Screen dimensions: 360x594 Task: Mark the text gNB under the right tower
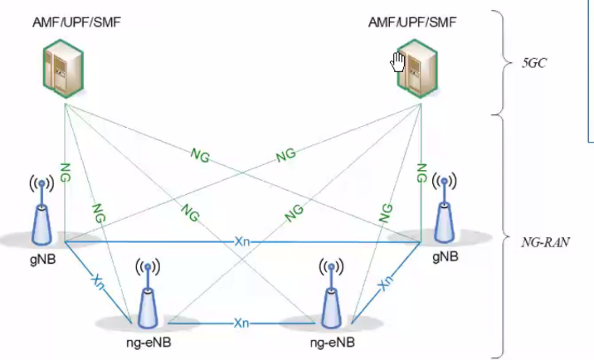tap(445, 257)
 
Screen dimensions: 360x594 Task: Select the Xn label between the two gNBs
tap(241, 241)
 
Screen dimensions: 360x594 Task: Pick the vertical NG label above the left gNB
tap(64, 175)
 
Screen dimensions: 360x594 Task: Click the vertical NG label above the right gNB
tap(422, 175)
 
